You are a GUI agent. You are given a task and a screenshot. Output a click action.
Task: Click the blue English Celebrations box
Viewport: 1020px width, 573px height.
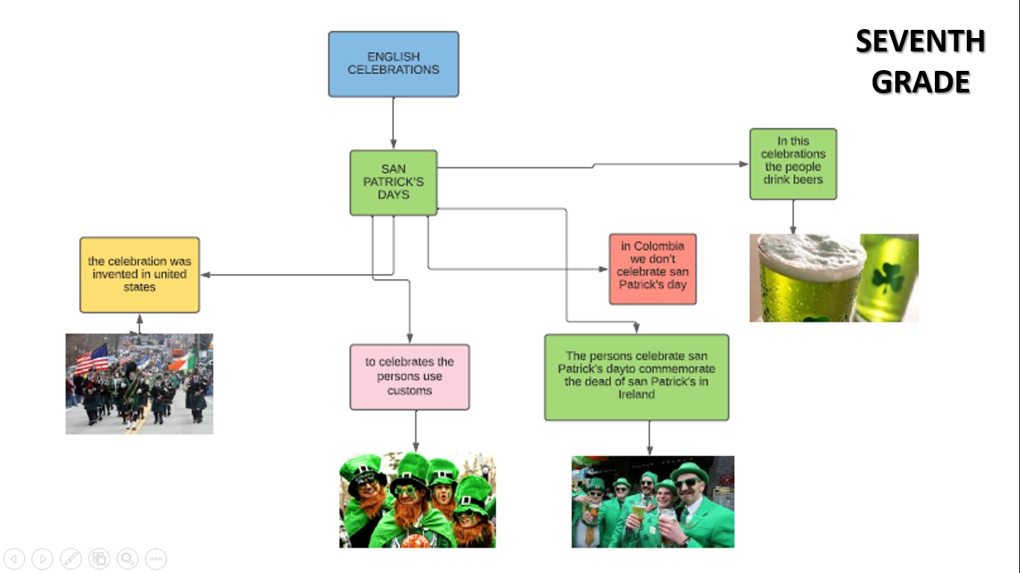[x=394, y=64]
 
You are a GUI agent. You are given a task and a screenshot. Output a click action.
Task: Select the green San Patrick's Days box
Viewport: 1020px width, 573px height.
[x=394, y=183]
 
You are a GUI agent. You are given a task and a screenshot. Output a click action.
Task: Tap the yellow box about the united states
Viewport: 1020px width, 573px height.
[x=140, y=275]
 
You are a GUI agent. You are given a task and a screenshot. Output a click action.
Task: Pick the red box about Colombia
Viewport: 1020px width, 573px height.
[x=653, y=269]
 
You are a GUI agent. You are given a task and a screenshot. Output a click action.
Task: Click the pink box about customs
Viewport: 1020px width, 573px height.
[x=409, y=377]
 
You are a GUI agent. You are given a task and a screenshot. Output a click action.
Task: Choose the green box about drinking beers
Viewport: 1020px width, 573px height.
[x=793, y=164]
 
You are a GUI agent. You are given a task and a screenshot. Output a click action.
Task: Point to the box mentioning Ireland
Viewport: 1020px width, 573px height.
[x=636, y=377]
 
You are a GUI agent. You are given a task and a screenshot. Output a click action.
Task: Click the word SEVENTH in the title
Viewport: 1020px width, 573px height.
[x=920, y=42]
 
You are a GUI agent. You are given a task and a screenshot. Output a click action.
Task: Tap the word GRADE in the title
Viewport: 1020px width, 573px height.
[x=920, y=82]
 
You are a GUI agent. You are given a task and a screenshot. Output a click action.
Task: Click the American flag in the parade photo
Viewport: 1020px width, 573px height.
[x=92, y=359]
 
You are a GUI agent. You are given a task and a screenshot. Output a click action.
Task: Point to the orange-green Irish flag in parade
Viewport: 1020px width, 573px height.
[x=179, y=363]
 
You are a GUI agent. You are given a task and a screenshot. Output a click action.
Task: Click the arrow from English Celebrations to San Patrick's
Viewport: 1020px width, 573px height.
[x=394, y=123]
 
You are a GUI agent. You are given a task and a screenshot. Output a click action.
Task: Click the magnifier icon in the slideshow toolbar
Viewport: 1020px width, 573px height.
[x=128, y=558]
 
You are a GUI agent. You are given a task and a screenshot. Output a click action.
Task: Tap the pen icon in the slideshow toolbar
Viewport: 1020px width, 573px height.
[x=71, y=558]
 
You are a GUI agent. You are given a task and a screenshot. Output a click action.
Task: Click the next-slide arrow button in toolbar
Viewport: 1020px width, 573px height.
[x=43, y=558]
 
